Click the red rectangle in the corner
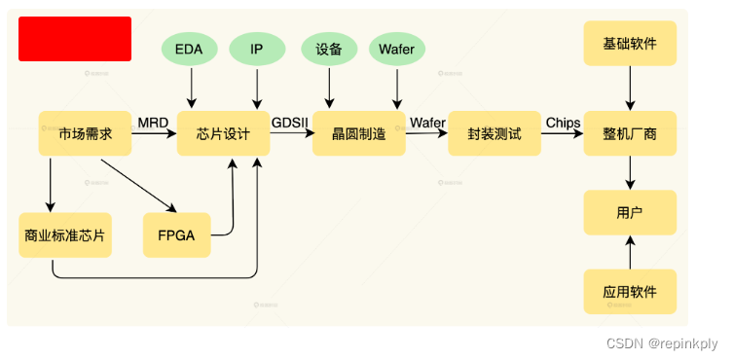pos(75,39)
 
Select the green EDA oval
pos(190,49)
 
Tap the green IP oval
pos(257,49)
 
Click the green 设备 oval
pos(329,49)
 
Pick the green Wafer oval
pos(397,49)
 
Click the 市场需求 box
pos(85,133)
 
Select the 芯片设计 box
pos(223,133)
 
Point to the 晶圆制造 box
pos(358,133)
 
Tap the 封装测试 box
pos(494,133)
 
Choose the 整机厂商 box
pos(630,133)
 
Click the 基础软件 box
pos(630,44)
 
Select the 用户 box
pos(630,212)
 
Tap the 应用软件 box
pos(630,291)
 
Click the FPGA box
pos(176,234)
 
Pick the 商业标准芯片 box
pos(65,234)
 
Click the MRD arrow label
pos(153,123)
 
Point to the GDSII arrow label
pos(290,123)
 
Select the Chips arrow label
pos(563,123)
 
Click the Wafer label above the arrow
pos(427,123)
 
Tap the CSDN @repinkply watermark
pos(661,343)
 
